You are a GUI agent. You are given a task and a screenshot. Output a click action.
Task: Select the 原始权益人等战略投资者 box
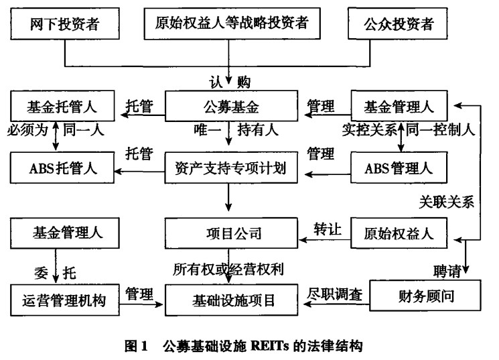230,25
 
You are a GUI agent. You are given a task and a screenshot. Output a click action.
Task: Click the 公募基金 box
230,105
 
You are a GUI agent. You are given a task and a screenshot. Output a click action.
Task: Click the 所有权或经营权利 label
228,270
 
